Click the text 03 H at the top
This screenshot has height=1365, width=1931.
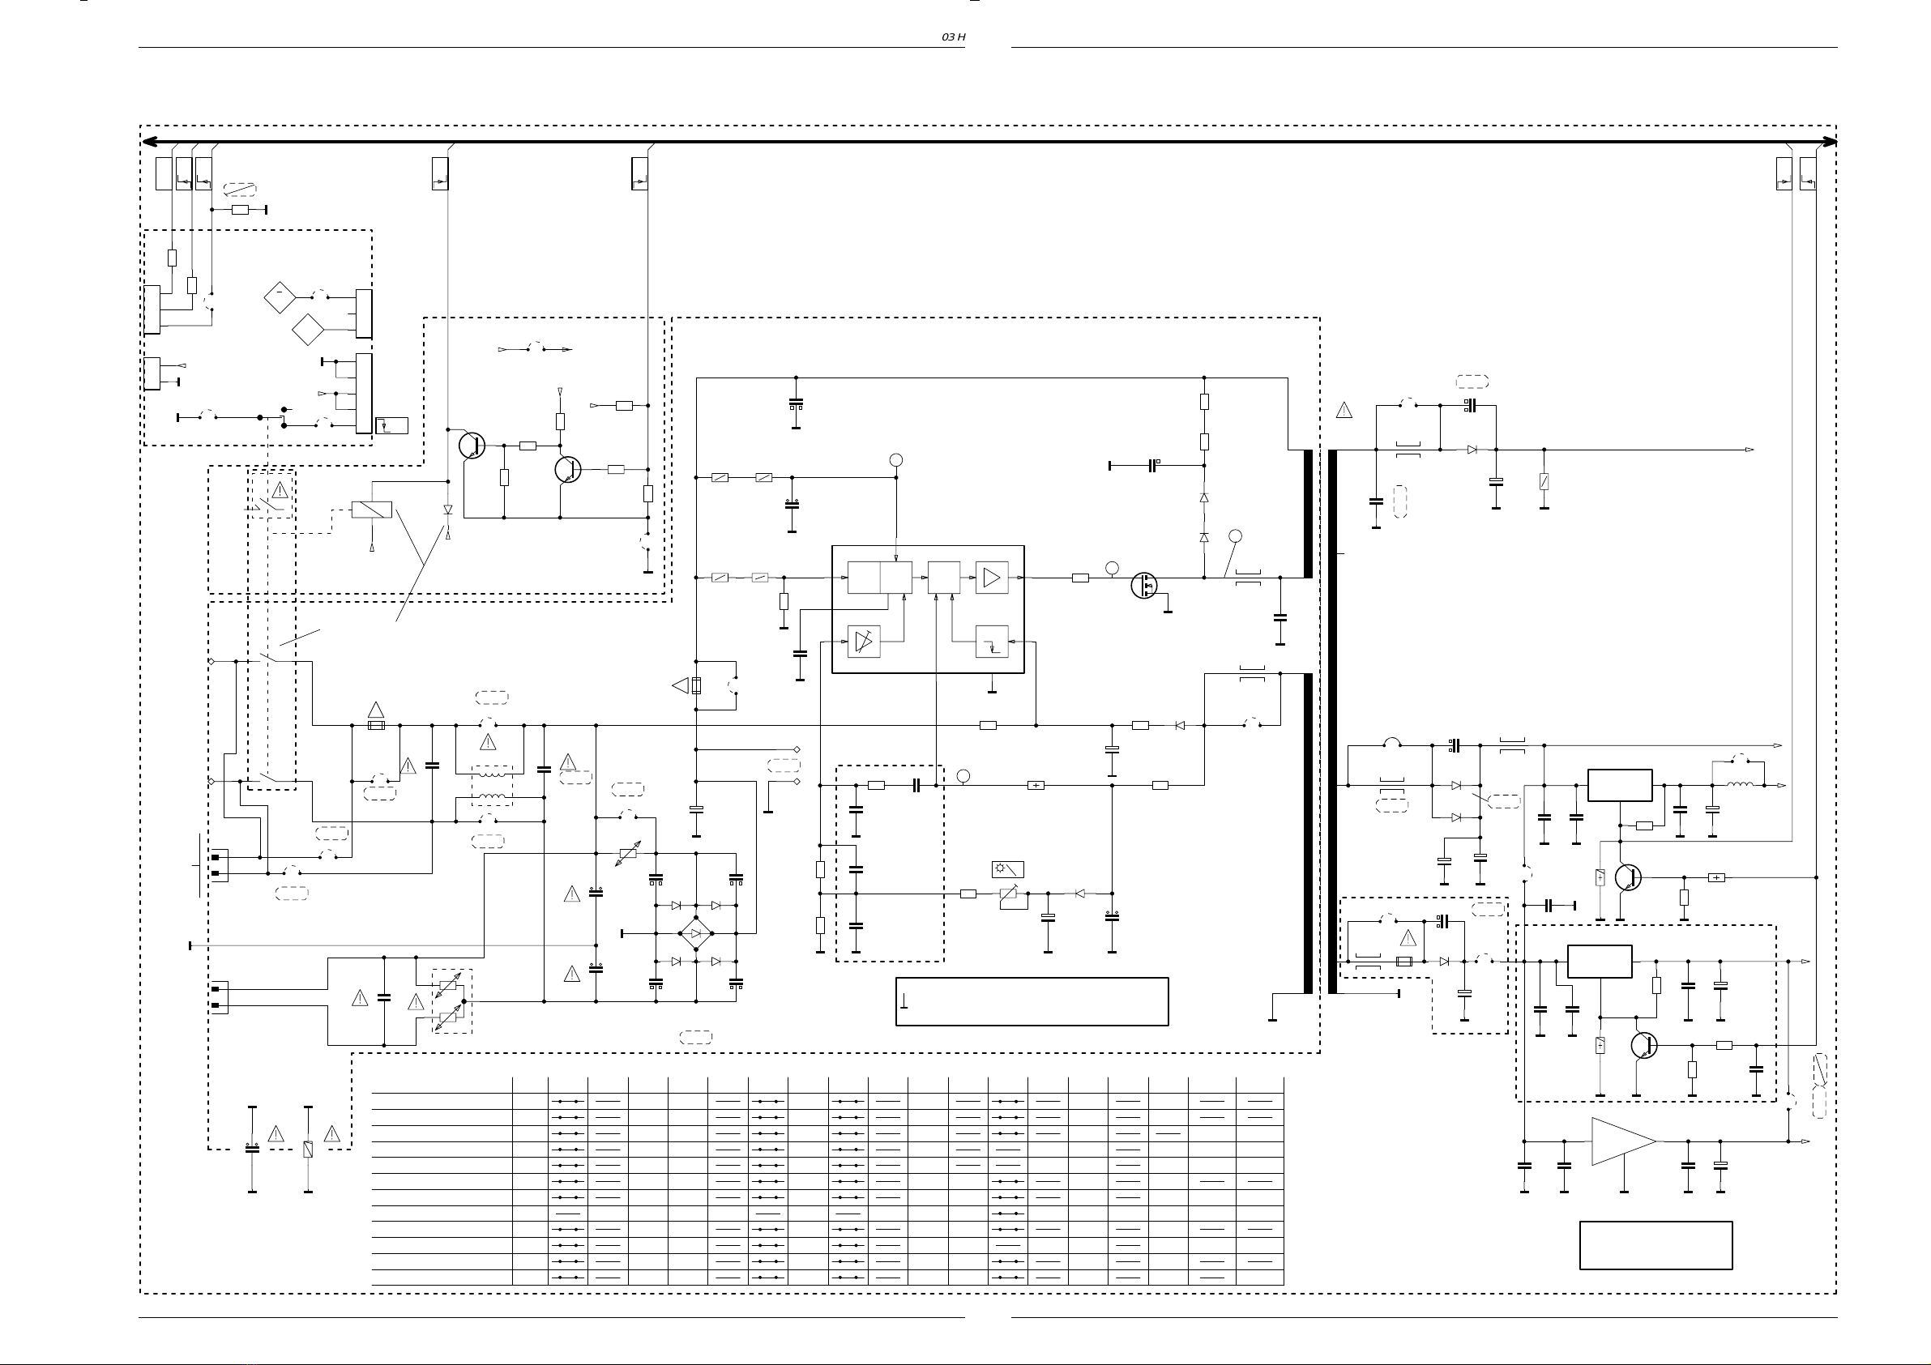953,37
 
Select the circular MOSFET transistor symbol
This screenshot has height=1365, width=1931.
1144,586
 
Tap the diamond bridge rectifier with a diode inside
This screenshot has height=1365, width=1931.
695,933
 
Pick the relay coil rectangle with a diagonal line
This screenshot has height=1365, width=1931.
372,509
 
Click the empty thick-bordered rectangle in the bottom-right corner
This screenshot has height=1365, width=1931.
1656,1245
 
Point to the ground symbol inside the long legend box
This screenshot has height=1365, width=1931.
905,1000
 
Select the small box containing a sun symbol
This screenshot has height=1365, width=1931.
1007,868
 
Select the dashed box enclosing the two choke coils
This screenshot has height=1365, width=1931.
492,785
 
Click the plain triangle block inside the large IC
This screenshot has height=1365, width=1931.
992,578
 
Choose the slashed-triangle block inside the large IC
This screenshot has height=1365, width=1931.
864,642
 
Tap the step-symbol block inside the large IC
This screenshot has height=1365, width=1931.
992,642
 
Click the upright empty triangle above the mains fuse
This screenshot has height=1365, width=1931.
376,710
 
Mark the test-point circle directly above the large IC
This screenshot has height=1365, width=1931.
896,460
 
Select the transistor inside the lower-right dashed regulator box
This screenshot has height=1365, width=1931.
1644,1045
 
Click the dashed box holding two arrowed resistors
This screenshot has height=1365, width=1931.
452,1000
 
